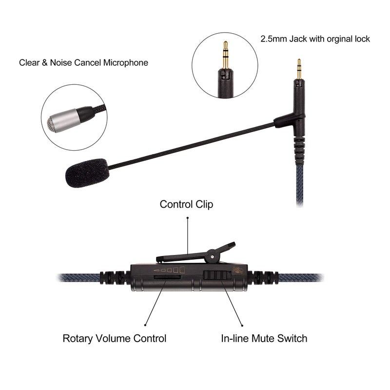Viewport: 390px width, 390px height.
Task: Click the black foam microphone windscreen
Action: click(87, 172)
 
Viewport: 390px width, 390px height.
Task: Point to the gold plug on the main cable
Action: click(299, 70)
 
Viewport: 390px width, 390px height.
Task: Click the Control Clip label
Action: click(186, 204)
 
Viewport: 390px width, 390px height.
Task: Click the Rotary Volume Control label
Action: click(115, 338)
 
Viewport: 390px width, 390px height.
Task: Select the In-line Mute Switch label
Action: click(264, 338)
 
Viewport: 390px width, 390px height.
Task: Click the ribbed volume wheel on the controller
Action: click(167, 277)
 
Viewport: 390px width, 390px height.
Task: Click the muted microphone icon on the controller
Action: click(239, 271)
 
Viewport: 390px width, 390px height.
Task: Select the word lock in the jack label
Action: click(360, 39)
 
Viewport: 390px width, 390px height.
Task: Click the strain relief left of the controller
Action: click(115, 278)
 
